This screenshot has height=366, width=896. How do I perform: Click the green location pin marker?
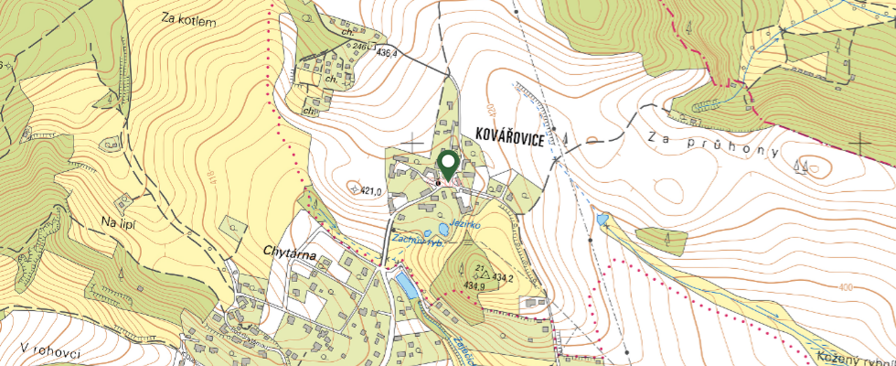click(448, 165)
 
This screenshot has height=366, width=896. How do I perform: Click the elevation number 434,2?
click(504, 275)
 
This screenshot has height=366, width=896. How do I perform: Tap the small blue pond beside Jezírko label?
click(443, 229)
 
